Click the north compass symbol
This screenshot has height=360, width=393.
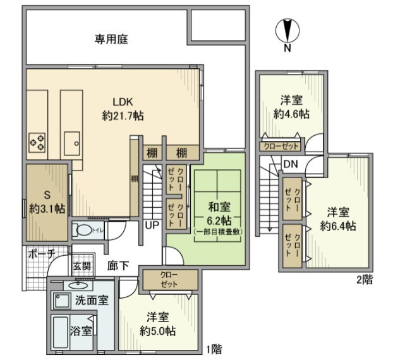point(287,33)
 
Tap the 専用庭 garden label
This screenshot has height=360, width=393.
point(112,39)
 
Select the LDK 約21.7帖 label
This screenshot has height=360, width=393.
point(123,109)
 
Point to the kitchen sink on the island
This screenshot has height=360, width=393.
point(71,143)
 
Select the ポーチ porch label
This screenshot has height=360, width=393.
point(43,254)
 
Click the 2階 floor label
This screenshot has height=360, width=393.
point(363,279)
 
